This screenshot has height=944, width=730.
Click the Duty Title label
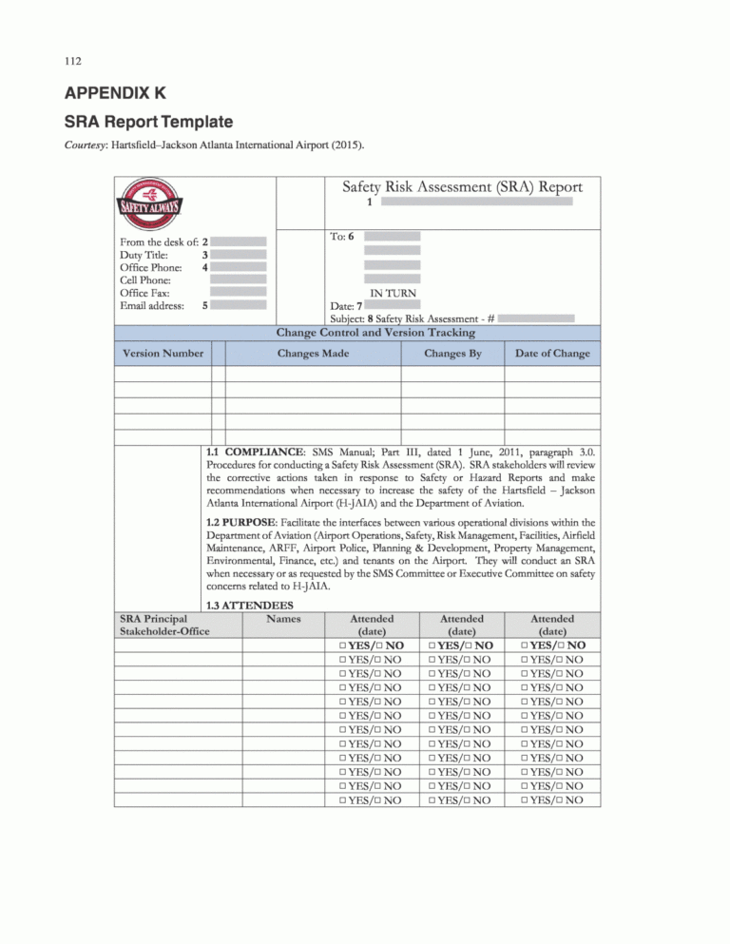[x=145, y=255]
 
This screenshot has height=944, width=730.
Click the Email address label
[x=152, y=306]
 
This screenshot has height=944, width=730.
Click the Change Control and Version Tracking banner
[x=375, y=333]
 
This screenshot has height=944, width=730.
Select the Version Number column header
[x=163, y=354]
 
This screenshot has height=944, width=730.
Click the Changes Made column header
[x=313, y=354]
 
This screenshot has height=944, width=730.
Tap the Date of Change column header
[x=552, y=354]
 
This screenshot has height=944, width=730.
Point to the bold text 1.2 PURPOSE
[x=247, y=522]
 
